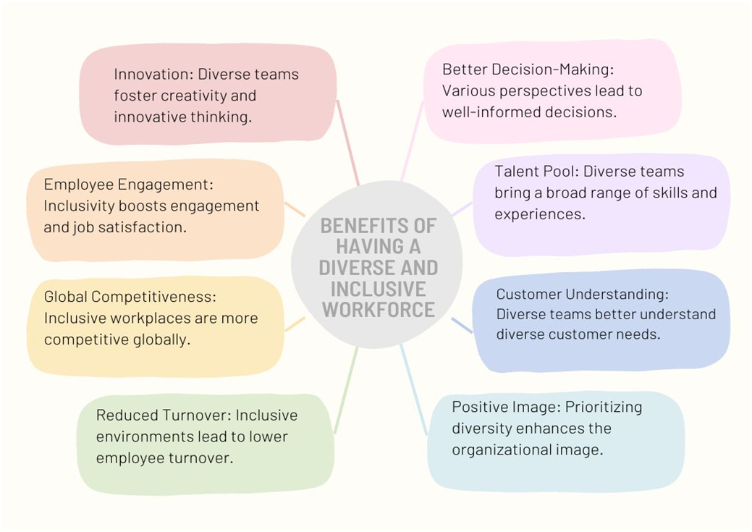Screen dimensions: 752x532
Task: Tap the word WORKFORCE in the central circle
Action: click(379, 310)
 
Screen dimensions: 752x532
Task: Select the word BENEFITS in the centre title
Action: click(379, 225)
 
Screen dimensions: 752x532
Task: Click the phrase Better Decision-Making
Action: click(528, 69)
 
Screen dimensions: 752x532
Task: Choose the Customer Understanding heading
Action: click(582, 294)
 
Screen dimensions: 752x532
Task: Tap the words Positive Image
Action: click(505, 408)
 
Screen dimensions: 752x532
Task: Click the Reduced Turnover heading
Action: click(164, 415)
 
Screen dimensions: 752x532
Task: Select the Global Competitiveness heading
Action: click(130, 297)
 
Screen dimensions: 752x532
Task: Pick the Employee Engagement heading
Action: click(128, 185)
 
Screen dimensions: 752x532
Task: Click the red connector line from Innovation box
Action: click(347, 143)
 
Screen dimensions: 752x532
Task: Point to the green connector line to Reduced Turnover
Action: click(346, 390)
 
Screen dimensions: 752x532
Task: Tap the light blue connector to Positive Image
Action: click(413, 389)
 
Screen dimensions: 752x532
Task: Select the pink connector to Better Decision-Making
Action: click(413, 140)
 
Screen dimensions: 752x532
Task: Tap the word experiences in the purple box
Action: click(540, 214)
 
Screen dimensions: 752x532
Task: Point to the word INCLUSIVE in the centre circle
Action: click(379, 289)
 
